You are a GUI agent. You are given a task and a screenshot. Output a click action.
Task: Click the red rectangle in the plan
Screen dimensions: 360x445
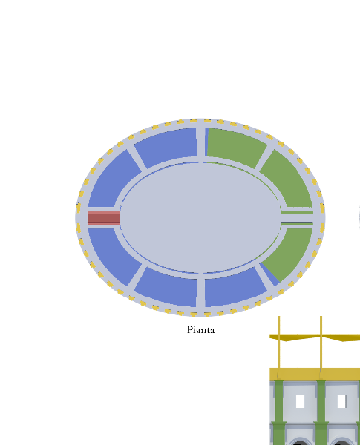click(104, 218)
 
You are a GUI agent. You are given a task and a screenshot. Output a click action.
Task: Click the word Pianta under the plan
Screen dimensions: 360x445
click(200, 330)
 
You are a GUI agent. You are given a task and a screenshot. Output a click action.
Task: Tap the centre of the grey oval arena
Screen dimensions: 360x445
click(201, 218)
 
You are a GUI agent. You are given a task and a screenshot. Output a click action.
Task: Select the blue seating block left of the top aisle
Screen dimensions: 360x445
click(166, 147)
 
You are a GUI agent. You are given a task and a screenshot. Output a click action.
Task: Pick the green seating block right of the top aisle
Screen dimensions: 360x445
click(235, 147)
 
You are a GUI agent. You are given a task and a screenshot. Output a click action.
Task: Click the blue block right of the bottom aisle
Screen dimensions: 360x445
click(235, 288)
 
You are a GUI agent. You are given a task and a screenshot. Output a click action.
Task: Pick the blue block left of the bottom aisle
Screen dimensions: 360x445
click(166, 288)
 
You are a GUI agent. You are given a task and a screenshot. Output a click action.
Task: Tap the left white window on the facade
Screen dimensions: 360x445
click(300, 401)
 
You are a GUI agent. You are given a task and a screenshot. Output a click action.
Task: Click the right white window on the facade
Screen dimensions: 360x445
click(341, 401)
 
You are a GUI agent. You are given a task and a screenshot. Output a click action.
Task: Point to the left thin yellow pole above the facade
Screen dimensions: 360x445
click(279, 348)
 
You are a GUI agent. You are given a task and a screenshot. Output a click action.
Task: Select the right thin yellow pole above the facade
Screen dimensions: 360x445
click(321, 348)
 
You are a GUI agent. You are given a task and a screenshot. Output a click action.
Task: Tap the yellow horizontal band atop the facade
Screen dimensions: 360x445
click(315, 375)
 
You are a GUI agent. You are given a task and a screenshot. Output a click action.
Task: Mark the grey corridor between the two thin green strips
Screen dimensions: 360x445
click(297, 218)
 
